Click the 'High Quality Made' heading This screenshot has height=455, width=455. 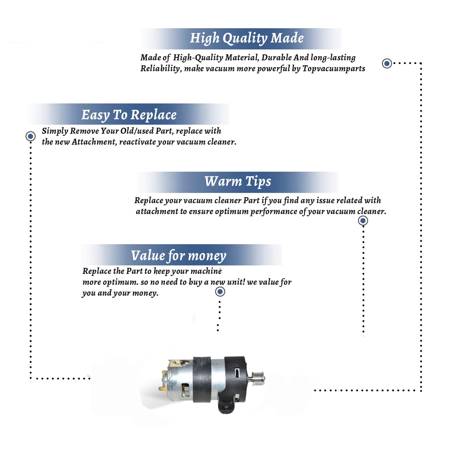click(x=247, y=39)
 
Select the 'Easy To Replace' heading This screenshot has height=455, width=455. click(x=129, y=115)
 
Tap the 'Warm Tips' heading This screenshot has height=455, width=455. click(x=238, y=182)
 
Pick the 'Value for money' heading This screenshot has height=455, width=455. click(x=179, y=256)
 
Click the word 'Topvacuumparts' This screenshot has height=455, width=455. click(x=334, y=69)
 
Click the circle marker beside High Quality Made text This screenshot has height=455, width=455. click(x=387, y=63)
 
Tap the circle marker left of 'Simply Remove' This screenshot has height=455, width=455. click(x=30, y=136)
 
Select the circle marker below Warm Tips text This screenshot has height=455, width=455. click(x=363, y=221)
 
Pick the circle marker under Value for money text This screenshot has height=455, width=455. click(x=220, y=292)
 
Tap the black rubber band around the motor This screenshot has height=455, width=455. click(x=202, y=380)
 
